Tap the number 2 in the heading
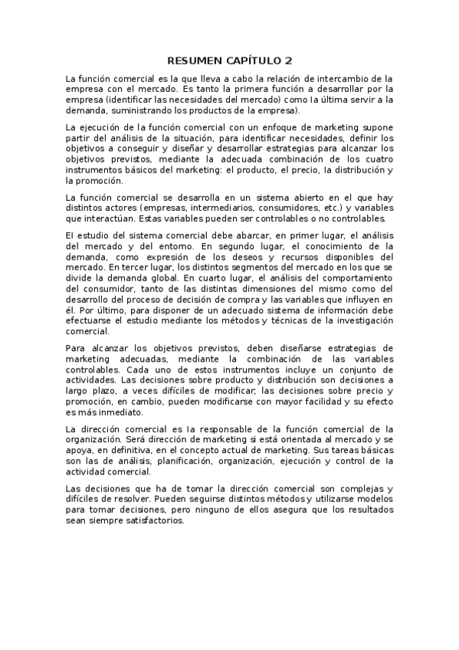point(289,60)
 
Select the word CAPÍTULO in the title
point(254,60)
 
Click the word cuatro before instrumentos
point(379,169)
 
